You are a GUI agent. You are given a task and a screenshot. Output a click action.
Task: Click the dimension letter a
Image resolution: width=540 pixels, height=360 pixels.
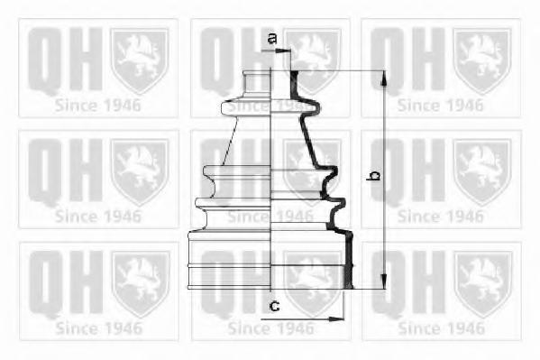click(x=272, y=38)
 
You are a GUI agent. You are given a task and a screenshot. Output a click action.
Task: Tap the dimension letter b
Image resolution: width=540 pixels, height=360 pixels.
click(x=373, y=176)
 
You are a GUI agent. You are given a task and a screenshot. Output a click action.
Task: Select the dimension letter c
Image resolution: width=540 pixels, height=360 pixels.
click(x=274, y=306)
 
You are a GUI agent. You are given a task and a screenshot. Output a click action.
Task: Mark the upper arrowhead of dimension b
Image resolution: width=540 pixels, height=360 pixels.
click(x=383, y=78)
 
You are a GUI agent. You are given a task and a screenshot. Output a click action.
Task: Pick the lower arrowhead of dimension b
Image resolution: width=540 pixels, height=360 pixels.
click(x=383, y=282)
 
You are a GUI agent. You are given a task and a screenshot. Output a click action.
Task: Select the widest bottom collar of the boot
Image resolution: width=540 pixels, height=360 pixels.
click(x=270, y=260)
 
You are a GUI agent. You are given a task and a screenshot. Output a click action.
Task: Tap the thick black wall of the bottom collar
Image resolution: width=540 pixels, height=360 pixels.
click(x=349, y=260)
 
